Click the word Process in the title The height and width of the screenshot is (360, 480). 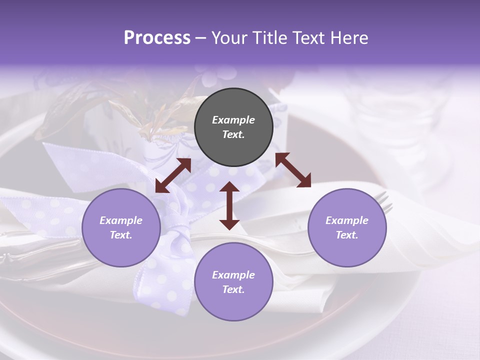157,38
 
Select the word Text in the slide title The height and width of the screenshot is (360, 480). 306,38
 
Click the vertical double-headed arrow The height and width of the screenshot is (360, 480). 229,206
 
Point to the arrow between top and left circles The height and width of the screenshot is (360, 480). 173,175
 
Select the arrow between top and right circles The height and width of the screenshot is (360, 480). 293,170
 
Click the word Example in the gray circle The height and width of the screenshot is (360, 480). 233,120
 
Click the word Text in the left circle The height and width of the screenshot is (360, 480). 121,235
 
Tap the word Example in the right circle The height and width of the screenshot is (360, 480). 347,220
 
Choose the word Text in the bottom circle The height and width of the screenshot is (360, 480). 233,289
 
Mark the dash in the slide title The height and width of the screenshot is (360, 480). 200,38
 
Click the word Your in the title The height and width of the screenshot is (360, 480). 228,38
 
